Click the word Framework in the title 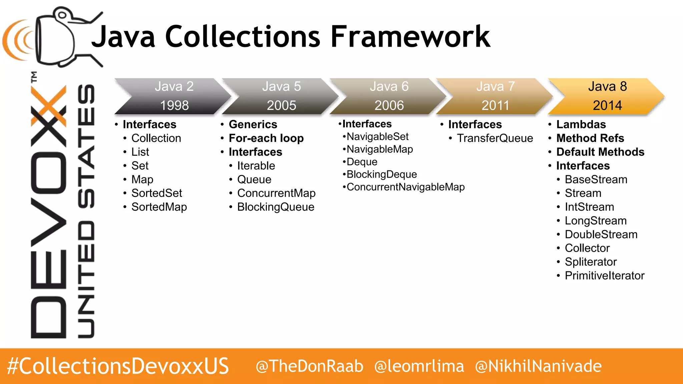pyautogui.click(x=410, y=37)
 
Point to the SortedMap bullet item pyautogui.click(x=159, y=207)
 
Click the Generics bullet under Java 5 pyautogui.click(x=253, y=124)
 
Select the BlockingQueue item pyautogui.click(x=275, y=207)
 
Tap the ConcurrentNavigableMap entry pyautogui.click(x=406, y=187)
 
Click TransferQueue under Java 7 pyautogui.click(x=495, y=138)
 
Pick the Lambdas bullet pyautogui.click(x=581, y=124)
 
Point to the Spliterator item pyautogui.click(x=591, y=262)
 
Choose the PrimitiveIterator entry pyautogui.click(x=604, y=276)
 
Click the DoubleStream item pyautogui.click(x=601, y=234)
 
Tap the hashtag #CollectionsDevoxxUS pyautogui.click(x=118, y=366)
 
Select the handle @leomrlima pyautogui.click(x=419, y=366)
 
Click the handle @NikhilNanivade pyautogui.click(x=538, y=366)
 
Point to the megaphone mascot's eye pyautogui.click(x=62, y=15)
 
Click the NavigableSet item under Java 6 pyautogui.click(x=378, y=137)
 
